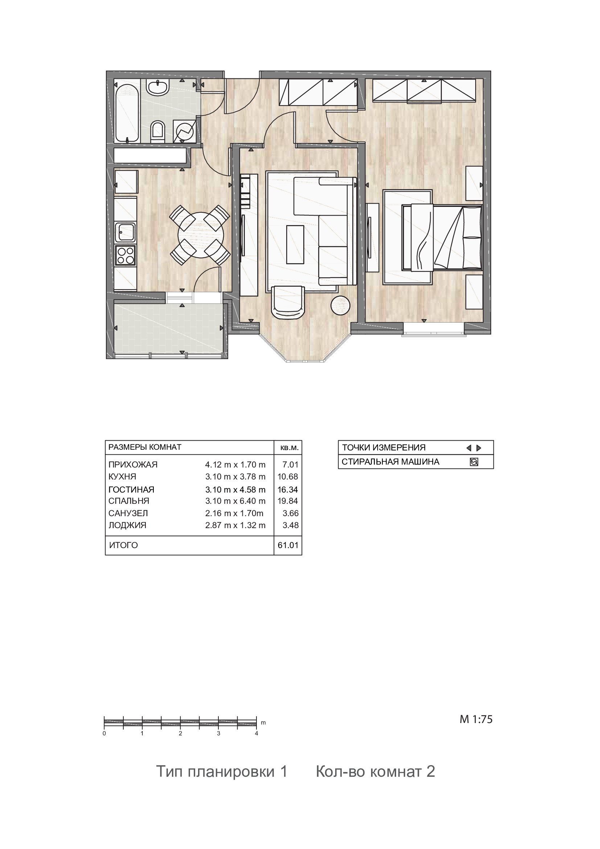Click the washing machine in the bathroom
point(184,131)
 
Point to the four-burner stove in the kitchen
point(125,255)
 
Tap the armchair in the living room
point(288,301)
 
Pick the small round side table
point(340,305)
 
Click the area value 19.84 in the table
point(288,501)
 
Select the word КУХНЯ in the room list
point(122,477)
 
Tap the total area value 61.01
point(288,546)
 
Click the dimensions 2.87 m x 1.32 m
point(235,525)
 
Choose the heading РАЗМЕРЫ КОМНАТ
point(145,447)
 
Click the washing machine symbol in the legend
point(474,462)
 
